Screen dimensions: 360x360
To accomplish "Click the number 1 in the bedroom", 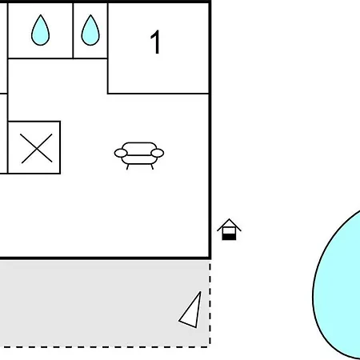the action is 155,42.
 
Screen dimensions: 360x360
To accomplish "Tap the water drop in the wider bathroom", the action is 40,30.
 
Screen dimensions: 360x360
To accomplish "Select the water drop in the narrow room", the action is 90,30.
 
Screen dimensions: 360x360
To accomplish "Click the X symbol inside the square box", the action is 36,148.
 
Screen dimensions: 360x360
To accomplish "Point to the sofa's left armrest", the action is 121,153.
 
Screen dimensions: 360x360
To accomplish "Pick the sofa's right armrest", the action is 158,153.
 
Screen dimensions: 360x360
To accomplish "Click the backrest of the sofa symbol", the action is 139,148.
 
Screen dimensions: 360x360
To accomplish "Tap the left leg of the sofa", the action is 127,166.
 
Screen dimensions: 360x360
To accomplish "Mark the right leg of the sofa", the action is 152,166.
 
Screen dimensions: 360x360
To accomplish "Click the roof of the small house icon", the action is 229,224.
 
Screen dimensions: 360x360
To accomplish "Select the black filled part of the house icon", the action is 229,237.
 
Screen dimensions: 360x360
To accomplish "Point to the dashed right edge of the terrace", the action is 210,303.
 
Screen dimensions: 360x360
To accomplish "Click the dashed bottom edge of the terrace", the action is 105,347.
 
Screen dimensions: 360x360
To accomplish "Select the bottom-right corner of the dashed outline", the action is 210,347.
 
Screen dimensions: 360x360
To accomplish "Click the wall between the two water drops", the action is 73,30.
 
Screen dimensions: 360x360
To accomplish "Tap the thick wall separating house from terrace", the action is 106,258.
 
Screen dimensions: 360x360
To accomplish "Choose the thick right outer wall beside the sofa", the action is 210,154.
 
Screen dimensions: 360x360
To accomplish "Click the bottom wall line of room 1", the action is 158,94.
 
